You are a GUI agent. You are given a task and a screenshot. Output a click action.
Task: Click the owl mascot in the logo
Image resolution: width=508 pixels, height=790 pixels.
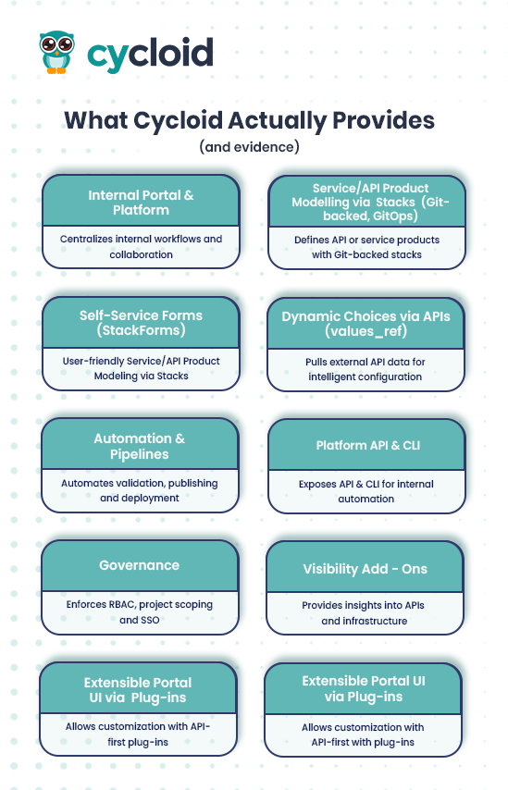pos(56,53)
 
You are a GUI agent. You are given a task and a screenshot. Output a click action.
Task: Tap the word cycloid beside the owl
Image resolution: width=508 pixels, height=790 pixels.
pos(150,55)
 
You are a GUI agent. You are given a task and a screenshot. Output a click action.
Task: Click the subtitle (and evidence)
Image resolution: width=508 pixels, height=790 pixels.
pos(250,146)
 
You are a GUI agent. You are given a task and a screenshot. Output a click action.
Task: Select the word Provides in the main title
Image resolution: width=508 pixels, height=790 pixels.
pos(383,120)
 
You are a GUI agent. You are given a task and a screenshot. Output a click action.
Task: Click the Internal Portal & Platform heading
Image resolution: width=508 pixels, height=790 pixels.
pos(141,203)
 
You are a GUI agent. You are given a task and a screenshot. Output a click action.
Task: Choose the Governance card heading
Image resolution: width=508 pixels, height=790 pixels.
pos(139,565)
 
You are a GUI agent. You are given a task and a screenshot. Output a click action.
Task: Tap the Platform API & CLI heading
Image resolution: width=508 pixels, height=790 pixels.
pos(368,445)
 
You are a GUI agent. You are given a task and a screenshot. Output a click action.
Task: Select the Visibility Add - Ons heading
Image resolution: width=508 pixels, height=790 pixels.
pos(365,569)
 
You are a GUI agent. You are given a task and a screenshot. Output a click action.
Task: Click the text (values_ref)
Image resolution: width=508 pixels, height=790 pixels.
pos(366,331)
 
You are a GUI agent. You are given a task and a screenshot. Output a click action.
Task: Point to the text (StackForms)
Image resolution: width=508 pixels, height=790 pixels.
pos(141,330)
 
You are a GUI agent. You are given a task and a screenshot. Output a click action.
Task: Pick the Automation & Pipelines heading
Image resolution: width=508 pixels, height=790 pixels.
pos(139,447)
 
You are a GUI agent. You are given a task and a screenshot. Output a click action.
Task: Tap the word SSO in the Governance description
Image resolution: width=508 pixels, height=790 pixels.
pos(149,620)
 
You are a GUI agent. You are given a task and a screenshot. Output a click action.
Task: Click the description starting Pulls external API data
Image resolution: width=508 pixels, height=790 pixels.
pos(366,369)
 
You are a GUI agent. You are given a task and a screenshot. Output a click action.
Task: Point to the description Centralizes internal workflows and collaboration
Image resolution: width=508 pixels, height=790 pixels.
pos(141,246)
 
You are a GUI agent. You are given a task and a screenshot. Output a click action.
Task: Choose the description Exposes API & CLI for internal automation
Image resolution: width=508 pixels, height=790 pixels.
pos(366,491)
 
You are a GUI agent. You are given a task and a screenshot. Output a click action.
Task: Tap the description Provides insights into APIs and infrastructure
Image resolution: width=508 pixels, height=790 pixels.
pos(364,613)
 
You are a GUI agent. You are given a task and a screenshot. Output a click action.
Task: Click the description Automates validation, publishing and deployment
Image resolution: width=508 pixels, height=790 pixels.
pos(140,490)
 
